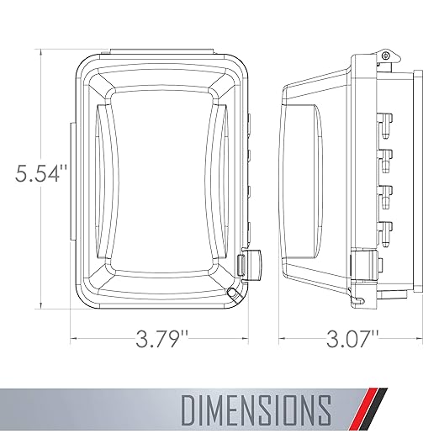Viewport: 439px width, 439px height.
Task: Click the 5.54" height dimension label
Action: tap(41, 173)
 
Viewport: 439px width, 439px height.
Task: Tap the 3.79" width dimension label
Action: tap(162, 339)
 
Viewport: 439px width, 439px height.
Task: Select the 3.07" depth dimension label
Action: tap(352, 339)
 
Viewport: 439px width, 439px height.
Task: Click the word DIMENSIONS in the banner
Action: tap(257, 410)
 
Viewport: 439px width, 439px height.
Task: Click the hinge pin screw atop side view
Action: tap(385, 56)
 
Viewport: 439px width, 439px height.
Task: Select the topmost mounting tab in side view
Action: tap(386, 124)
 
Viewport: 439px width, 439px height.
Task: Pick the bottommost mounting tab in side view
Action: tap(386, 235)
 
